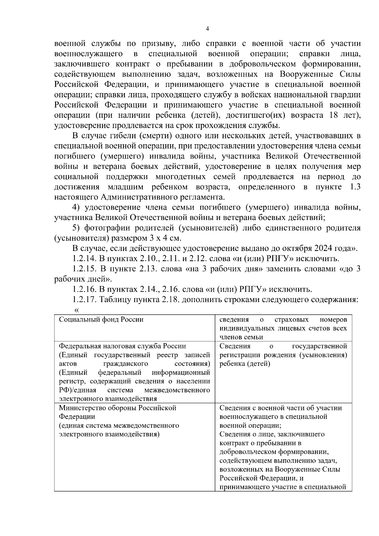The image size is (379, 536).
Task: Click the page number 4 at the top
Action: pyautogui.click(x=207, y=29)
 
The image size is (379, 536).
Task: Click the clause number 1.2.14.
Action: pyautogui.click(x=84, y=259)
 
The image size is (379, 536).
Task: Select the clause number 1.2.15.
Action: pyautogui.click(x=84, y=269)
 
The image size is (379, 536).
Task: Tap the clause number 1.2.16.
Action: pyautogui.click(x=84, y=289)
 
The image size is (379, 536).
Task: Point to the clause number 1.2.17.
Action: pyautogui.click(x=84, y=300)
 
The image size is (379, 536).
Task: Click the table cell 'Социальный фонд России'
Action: pyautogui.click(x=101, y=319)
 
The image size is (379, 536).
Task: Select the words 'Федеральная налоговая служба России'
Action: pyautogui.click(x=123, y=346)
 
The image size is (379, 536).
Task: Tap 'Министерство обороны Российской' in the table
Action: pyautogui.click(x=117, y=408)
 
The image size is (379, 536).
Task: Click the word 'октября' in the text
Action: pyautogui.click(x=298, y=248)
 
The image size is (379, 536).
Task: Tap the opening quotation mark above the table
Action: pyautogui.click(x=76, y=310)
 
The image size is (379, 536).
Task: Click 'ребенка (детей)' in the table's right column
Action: pyautogui.click(x=245, y=364)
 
